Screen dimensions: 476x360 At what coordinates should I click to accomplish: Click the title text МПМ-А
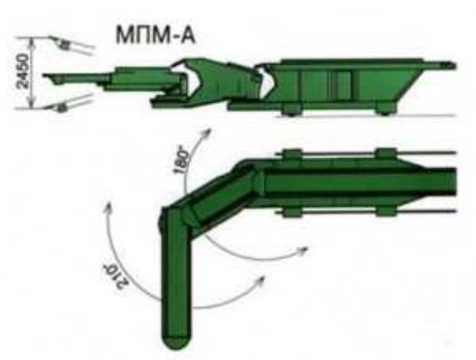click(x=155, y=35)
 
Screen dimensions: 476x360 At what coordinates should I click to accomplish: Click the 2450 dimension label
click(x=23, y=71)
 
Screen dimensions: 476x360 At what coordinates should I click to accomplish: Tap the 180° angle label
click(x=182, y=158)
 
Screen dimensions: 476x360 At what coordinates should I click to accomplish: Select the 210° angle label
click(x=115, y=275)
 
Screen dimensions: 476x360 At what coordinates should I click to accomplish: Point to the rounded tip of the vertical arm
click(x=176, y=342)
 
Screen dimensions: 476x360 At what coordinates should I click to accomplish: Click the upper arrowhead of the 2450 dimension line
click(x=33, y=42)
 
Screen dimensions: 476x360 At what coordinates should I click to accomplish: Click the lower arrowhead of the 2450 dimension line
click(x=33, y=104)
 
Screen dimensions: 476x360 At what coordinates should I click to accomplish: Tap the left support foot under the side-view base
click(x=291, y=110)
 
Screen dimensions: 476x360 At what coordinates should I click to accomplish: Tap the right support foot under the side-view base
click(x=384, y=110)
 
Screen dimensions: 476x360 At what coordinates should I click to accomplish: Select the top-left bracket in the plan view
click(x=292, y=154)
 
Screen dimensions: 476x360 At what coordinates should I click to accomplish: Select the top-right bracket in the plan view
click(x=386, y=154)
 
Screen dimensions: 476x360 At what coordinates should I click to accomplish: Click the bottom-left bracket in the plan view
click(x=292, y=212)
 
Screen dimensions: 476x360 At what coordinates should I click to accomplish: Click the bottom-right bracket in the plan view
click(x=386, y=211)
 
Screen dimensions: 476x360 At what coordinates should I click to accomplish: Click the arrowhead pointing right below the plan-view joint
click(x=303, y=250)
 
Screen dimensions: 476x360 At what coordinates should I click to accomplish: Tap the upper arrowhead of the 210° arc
click(x=108, y=207)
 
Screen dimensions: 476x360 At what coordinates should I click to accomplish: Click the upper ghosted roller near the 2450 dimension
click(x=64, y=45)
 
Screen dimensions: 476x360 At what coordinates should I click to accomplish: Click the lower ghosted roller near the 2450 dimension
click(x=63, y=107)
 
